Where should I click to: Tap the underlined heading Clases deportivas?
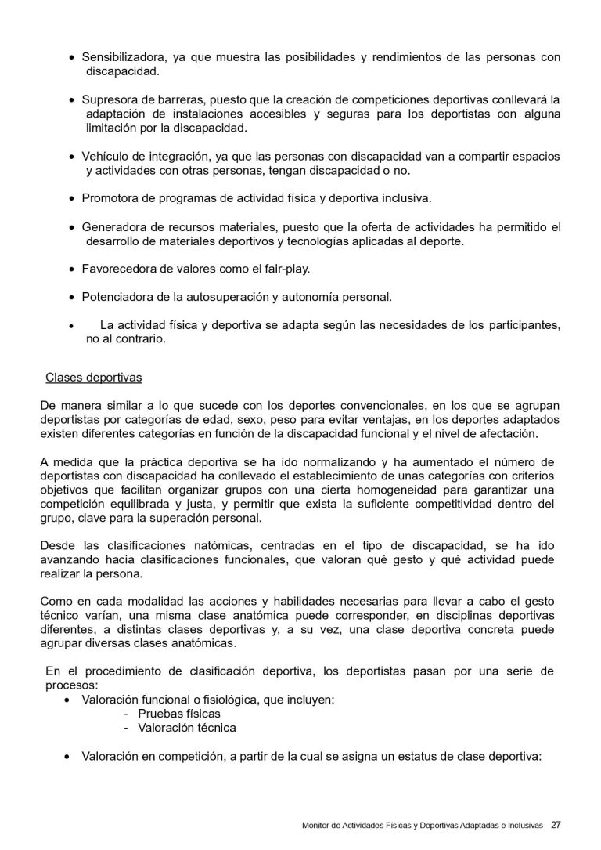[94, 377]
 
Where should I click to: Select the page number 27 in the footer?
[556, 824]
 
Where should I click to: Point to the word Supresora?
[109, 100]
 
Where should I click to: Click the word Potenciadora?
[117, 297]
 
